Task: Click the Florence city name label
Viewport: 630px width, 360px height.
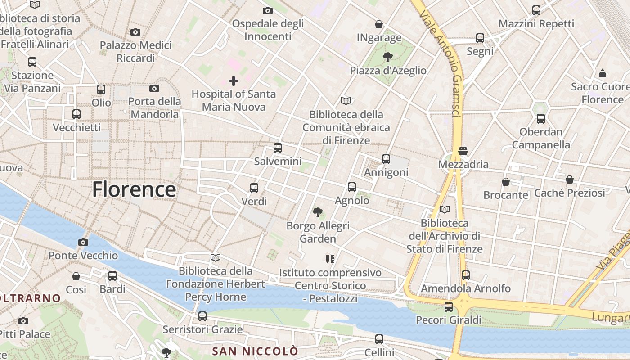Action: coord(134,189)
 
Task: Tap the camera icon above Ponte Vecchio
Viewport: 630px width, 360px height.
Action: coord(83,243)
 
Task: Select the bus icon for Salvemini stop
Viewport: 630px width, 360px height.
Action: coord(278,148)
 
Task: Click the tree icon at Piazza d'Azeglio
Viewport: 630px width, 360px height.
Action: coord(387,57)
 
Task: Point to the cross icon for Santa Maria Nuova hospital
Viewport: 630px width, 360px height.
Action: coord(234,81)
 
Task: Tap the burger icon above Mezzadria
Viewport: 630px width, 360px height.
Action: coord(463,151)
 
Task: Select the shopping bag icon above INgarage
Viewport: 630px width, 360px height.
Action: coord(379,24)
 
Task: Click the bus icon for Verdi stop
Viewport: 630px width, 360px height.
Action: coord(254,188)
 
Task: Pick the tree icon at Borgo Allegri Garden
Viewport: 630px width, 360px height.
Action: coord(318,212)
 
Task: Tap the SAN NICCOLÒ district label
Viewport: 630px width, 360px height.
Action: coord(255,351)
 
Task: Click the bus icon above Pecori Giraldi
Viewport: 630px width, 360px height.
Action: coord(449,307)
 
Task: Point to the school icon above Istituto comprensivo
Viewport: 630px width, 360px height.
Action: coord(330,259)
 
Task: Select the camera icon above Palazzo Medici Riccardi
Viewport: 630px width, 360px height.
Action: coord(135,32)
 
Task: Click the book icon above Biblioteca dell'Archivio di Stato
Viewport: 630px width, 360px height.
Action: coord(445,209)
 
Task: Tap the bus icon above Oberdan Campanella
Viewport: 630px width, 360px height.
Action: coord(541,119)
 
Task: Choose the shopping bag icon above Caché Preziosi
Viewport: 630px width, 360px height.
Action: coord(570,180)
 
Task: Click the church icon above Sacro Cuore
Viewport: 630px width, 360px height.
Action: coord(603,73)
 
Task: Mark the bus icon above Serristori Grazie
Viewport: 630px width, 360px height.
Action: coord(202,316)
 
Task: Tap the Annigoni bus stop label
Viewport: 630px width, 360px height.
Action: coord(386,172)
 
